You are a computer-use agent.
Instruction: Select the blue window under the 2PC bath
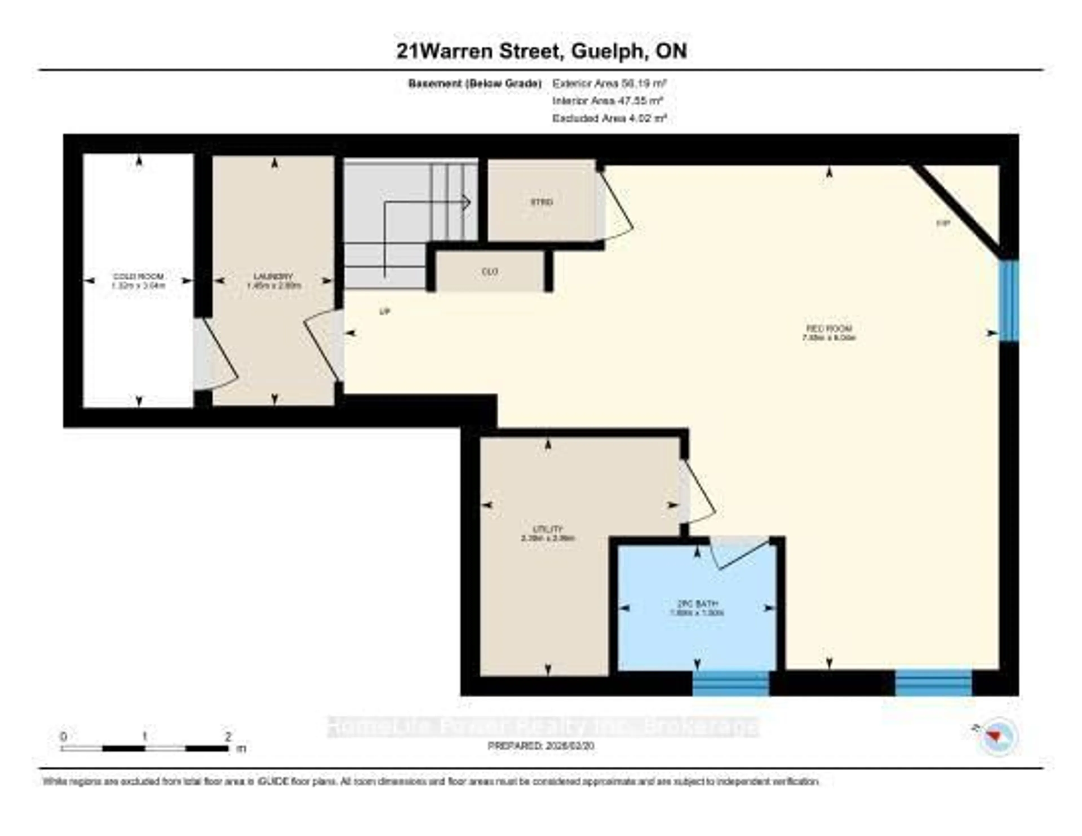[x=730, y=684]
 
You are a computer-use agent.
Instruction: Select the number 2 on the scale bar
[x=228, y=736]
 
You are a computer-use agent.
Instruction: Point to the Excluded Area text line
[x=609, y=118]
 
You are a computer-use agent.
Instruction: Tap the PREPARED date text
[x=541, y=746]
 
